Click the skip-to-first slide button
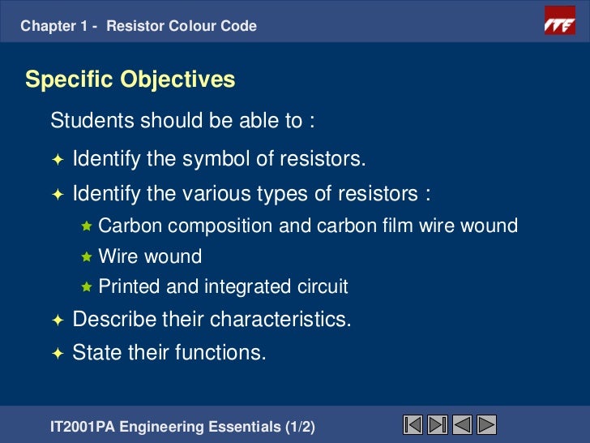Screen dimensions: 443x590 (413, 424)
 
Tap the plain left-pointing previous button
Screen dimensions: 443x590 (463, 424)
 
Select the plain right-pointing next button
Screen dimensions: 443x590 (486, 424)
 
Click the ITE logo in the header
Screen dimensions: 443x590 (558, 25)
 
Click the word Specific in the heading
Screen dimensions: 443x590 (70, 80)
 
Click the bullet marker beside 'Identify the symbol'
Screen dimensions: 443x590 (57, 159)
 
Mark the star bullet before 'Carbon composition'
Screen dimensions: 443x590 (87, 226)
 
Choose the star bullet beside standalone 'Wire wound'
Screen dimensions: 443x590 (87, 256)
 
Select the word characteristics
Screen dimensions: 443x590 (280, 319)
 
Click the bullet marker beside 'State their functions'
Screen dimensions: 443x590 (57, 353)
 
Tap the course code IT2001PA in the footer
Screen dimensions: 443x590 (81, 425)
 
